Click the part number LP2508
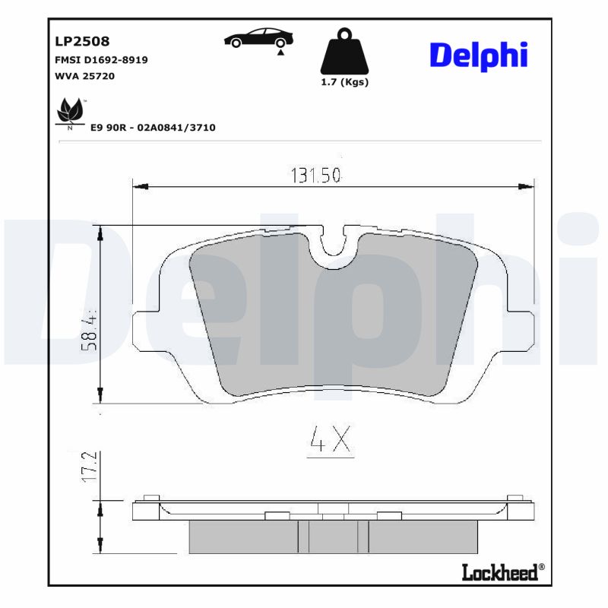pos(81,41)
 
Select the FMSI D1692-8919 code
pos(101,59)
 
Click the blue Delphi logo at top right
pos(479,55)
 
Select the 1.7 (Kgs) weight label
pos(344,82)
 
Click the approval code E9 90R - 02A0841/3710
pos(153,128)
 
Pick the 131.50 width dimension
pos(315,176)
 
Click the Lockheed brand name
pos(499,572)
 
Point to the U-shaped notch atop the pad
pos(333,243)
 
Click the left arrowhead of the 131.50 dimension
pos(139,185)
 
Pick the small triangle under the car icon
pos(280,52)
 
